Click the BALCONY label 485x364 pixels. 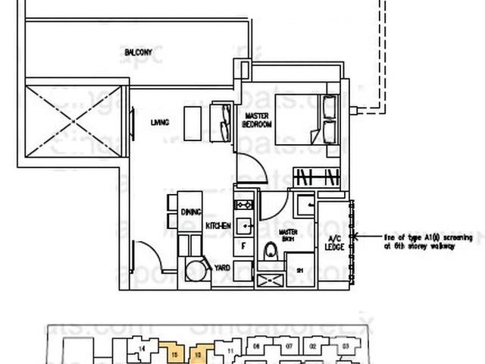(x=139, y=52)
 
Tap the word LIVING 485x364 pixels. (x=158, y=122)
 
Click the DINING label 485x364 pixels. (x=190, y=214)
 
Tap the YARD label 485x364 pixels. (x=221, y=267)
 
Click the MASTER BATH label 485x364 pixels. (x=288, y=234)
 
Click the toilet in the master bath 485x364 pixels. (x=271, y=251)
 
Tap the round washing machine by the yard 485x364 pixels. (x=194, y=269)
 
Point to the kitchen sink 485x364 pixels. (x=244, y=225)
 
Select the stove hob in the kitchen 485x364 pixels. (x=244, y=205)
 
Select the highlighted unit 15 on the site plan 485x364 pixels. (x=175, y=352)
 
